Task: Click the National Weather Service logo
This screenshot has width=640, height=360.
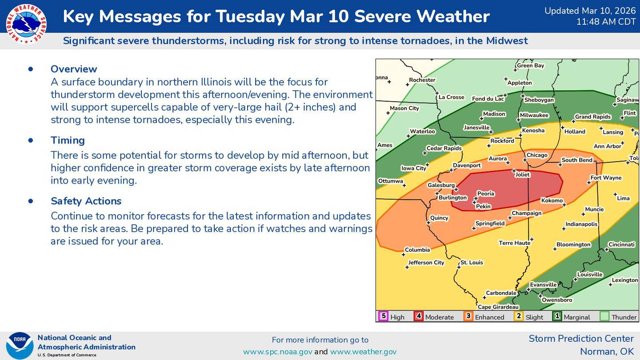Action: (x=26, y=24)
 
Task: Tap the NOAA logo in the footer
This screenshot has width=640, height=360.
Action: (x=20, y=346)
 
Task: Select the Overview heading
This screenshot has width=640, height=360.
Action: (x=74, y=69)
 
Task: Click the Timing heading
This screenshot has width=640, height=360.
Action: (x=68, y=140)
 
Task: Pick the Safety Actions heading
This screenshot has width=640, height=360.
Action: (x=86, y=201)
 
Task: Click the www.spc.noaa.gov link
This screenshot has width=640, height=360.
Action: (x=277, y=352)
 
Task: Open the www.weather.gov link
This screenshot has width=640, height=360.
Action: (x=363, y=352)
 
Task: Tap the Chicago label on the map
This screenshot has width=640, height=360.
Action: (x=537, y=155)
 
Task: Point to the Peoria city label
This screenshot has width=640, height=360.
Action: (x=485, y=194)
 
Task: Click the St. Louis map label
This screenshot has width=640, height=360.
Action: (x=472, y=263)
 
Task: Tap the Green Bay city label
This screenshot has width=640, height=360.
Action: (x=531, y=66)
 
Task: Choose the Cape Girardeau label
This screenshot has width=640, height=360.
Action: (x=498, y=307)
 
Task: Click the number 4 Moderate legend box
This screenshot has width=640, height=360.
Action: (x=419, y=316)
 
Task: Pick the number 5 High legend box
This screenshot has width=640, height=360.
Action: (x=383, y=316)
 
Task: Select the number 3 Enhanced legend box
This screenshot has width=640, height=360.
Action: (x=468, y=316)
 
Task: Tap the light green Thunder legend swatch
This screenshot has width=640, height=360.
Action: (x=604, y=316)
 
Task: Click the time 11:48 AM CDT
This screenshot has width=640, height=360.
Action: (x=606, y=22)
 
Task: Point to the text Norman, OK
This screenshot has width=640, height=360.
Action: (x=607, y=352)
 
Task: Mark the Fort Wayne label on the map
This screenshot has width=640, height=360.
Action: (x=606, y=178)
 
